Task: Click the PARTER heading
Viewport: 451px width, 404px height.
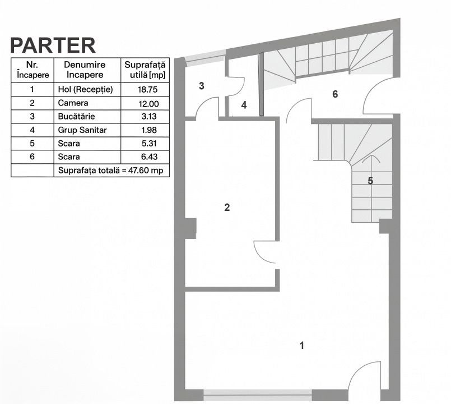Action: (53, 45)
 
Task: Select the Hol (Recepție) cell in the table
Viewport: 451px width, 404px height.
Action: (85, 89)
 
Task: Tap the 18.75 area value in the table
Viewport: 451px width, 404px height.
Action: (147, 90)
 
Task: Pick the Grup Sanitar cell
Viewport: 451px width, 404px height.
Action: (82, 130)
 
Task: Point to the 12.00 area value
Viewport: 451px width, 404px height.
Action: (148, 103)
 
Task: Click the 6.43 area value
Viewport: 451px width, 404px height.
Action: (150, 157)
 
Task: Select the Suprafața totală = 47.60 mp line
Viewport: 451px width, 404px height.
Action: (111, 171)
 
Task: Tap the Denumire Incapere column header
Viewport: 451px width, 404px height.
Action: (85, 70)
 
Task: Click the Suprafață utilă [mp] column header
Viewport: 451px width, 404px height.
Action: (145, 70)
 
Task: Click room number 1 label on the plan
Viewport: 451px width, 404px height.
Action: (302, 345)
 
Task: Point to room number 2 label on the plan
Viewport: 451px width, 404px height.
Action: (227, 207)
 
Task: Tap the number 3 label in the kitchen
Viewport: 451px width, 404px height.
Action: (202, 86)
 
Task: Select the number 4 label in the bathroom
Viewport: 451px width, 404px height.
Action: (244, 105)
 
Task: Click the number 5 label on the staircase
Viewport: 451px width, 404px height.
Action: (370, 181)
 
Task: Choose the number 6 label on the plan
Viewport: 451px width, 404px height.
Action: (335, 94)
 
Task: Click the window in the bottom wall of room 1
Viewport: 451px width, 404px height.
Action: (258, 395)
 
